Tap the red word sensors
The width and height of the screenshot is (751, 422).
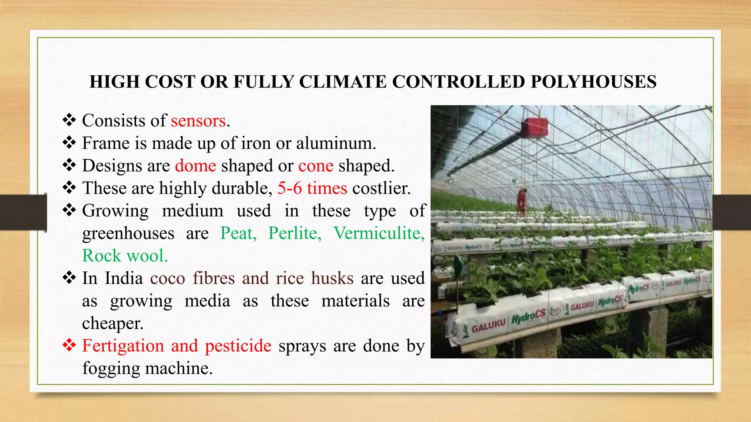(x=198, y=121)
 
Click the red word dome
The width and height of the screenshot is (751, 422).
(x=195, y=166)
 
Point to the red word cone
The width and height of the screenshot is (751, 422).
(x=316, y=166)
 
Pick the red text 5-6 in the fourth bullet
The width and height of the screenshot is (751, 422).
(x=290, y=188)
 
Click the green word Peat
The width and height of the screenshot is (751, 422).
(x=238, y=233)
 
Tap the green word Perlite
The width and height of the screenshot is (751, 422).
(x=295, y=233)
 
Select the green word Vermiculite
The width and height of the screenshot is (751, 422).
(x=379, y=233)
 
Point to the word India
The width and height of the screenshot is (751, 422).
(x=124, y=278)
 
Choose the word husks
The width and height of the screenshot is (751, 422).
(x=332, y=278)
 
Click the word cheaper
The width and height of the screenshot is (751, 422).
(x=113, y=323)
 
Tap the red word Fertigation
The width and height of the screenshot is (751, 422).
(x=123, y=346)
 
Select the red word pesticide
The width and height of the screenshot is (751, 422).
(x=238, y=346)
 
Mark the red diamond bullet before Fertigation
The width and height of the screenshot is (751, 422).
(x=69, y=345)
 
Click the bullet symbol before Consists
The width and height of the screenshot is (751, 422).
(x=69, y=120)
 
